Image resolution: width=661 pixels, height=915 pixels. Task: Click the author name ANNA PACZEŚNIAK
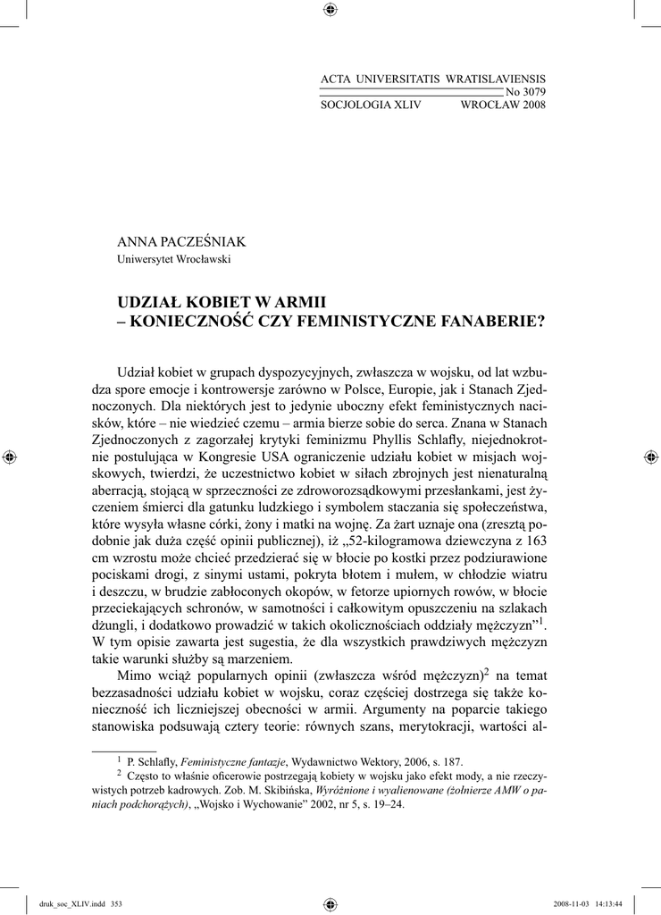pyautogui.click(x=181, y=242)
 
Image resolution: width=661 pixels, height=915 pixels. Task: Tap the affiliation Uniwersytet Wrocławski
pyautogui.click(x=174, y=260)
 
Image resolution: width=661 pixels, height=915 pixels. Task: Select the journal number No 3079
pyautogui.click(x=525, y=92)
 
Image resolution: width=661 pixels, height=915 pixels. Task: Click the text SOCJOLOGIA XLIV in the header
pyautogui.click(x=370, y=105)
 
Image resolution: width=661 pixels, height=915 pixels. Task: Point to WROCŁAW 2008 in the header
pyautogui.click(x=502, y=105)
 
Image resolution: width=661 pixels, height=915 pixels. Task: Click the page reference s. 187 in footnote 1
pyautogui.click(x=447, y=761)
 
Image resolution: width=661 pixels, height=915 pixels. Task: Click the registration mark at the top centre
pyautogui.click(x=330, y=11)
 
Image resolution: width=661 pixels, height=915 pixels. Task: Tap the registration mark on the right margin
pyautogui.click(x=649, y=457)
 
